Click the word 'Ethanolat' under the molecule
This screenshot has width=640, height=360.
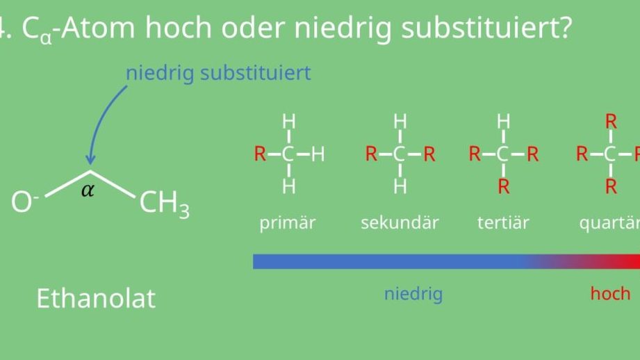coord(96,298)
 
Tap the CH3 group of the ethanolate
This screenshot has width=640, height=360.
coord(165,204)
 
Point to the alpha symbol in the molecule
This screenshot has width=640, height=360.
coord(88,190)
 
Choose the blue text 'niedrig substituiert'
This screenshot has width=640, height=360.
coord(218,73)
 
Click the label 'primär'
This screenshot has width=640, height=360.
coord(288,222)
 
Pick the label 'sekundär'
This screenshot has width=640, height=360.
coord(400,222)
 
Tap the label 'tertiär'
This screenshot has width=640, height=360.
coord(503,222)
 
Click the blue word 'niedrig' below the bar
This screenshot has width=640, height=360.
coord(413,293)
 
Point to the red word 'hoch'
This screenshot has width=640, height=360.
coord(610,293)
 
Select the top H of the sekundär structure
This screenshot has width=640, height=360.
coord(400,122)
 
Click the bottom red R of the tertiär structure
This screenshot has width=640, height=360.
coord(504,186)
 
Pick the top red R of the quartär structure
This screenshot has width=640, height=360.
coord(611,122)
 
